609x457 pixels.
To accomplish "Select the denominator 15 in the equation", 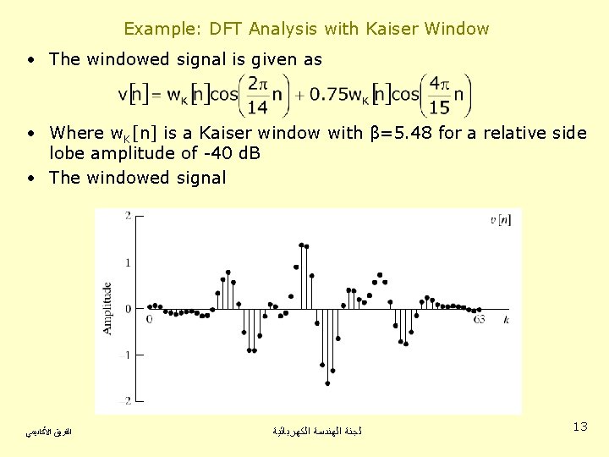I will [440, 107].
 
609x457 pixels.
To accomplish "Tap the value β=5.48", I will [402, 133].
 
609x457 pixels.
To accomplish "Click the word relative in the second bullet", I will [509, 133].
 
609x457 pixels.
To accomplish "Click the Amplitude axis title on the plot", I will [107, 308].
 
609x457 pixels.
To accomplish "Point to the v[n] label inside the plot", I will [500, 220].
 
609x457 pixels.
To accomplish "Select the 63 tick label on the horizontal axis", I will [479, 320].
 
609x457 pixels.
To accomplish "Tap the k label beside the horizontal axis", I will [506, 320].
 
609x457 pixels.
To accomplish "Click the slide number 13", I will [579, 427].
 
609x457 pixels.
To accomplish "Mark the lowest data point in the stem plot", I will [327, 383].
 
